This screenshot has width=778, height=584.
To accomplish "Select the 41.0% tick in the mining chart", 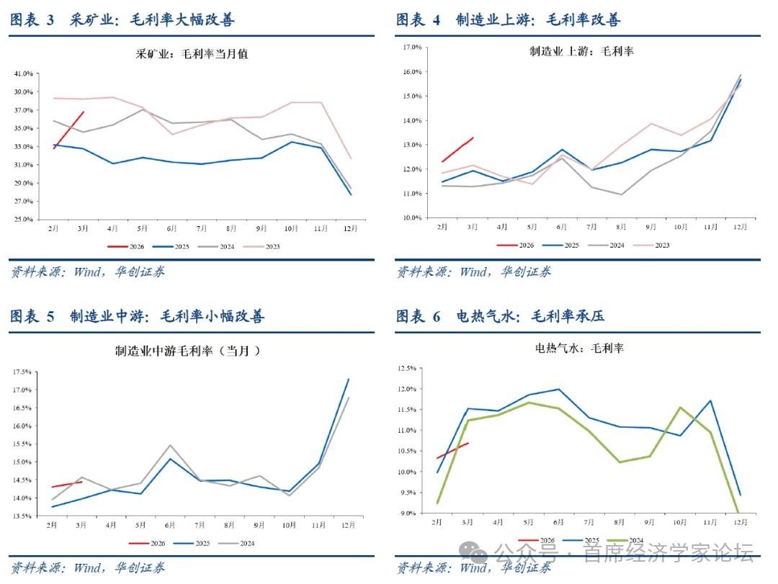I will click(23, 73).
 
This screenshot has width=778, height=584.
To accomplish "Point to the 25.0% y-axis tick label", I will click(23, 219).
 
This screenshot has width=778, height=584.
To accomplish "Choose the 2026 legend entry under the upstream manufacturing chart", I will click(516, 245).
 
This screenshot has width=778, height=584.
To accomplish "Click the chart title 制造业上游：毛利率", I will click(581, 51).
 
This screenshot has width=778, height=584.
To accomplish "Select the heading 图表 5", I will click(32, 316).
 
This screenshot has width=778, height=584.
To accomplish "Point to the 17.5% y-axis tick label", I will click(23, 372).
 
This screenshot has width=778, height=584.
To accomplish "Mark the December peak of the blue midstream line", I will click(349, 379).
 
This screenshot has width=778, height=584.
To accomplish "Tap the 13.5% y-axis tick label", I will click(23, 516).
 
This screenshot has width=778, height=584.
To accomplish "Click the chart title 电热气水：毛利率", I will click(579, 349).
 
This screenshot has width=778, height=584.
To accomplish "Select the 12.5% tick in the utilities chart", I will click(408, 368).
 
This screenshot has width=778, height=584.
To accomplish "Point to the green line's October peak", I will click(679, 408).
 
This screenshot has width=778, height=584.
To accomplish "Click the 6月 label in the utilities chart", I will click(558, 521).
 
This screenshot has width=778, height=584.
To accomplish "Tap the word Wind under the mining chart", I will click(89, 271).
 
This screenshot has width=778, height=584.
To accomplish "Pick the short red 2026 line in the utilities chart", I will click(453, 450).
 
